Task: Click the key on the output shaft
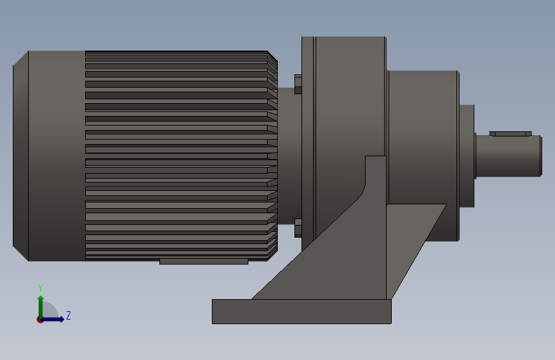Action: [510, 134]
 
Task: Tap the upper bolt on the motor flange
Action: [298, 84]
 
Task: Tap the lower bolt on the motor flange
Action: [298, 227]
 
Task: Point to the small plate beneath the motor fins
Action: [204, 261]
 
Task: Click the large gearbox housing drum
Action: [350, 96]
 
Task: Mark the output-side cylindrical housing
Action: [422, 128]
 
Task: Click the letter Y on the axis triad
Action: [40, 288]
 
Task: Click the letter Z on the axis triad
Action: [68, 316]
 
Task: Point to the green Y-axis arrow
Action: [40, 304]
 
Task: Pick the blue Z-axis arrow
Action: [55, 319]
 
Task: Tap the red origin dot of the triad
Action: [40, 320]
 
